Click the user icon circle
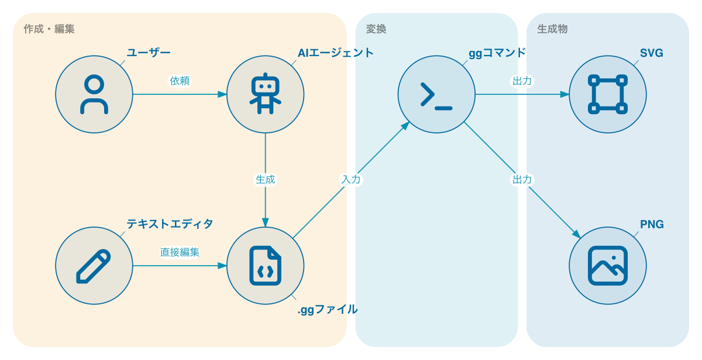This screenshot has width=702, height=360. tap(94, 94)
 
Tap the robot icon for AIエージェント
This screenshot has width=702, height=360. tap(266, 94)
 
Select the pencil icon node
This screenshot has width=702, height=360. tap(94, 266)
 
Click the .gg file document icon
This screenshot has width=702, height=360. tap(266, 266)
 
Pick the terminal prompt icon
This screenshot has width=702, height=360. tap(436, 94)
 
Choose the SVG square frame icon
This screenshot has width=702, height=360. tap(608, 94)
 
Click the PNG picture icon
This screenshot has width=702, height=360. tap(608, 266)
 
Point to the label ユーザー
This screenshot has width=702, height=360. tap(149, 53)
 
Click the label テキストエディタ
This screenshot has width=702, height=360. tap(170, 224)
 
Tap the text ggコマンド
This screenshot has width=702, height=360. tap(497, 53)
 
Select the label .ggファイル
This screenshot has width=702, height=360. tap(328, 310)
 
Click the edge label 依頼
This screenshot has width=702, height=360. tap(180, 81)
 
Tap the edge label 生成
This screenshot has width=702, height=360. tap(265, 179)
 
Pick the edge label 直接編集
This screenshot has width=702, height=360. tap(180, 252)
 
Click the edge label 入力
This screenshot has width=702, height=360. tap(351, 179)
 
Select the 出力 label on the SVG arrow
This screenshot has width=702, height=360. tap(522, 81)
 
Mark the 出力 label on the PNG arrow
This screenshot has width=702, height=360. tap(522, 179)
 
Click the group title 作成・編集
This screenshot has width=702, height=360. tap(49, 29)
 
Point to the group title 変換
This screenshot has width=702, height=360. tap(376, 29)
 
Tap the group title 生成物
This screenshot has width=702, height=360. tap(552, 29)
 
